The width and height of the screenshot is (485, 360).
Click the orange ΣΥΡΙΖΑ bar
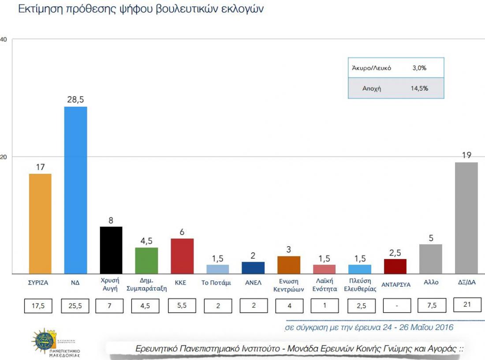(40, 224)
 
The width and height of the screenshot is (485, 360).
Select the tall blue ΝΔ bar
(76, 190)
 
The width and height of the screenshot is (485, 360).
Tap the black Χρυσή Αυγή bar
(111, 250)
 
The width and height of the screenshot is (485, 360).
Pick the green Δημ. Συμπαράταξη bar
(146, 260)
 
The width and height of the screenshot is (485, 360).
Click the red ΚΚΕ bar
(182, 256)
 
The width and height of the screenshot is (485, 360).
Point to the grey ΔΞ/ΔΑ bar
(466, 218)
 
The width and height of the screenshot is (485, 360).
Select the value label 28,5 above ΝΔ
(75, 100)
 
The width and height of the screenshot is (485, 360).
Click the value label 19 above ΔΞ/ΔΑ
(466, 155)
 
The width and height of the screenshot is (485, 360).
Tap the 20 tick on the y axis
(4, 157)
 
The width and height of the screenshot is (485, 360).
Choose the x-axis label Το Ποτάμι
(216, 283)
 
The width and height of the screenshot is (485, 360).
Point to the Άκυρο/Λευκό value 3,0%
(419, 68)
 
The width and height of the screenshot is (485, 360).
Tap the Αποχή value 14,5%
(419, 88)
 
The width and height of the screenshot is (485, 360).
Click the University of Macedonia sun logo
(44, 340)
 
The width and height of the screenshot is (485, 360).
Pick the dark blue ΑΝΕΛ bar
(253, 268)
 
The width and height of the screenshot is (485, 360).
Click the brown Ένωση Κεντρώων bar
(289, 265)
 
